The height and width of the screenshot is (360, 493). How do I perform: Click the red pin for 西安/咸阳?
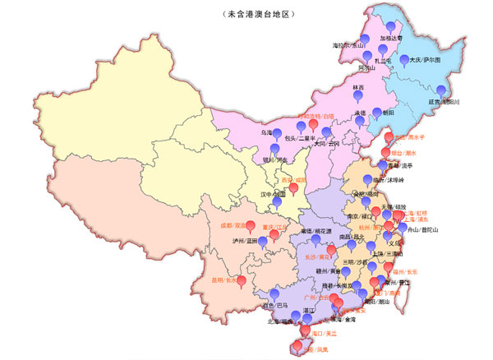point(293,188)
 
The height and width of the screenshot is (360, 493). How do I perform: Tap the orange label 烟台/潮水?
point(403,153)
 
